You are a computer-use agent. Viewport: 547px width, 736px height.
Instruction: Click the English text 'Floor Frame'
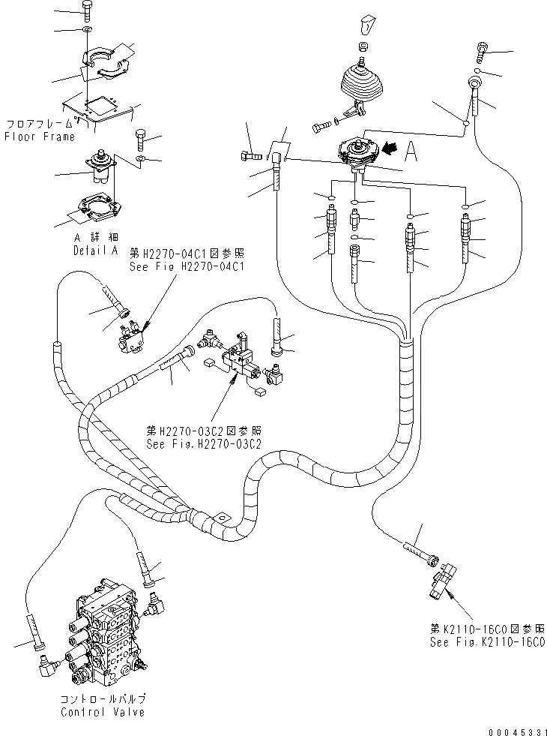click(40, 137)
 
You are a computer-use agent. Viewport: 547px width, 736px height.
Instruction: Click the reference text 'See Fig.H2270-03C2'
click(204, 443)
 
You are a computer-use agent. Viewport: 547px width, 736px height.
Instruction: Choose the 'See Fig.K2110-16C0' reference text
click(487, 643)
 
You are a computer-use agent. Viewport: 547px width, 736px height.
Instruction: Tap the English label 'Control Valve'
click(103, 712)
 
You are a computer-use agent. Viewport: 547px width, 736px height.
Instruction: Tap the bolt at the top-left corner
click(86, 11)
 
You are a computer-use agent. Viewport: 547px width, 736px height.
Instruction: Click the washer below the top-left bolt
click(87, 29)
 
